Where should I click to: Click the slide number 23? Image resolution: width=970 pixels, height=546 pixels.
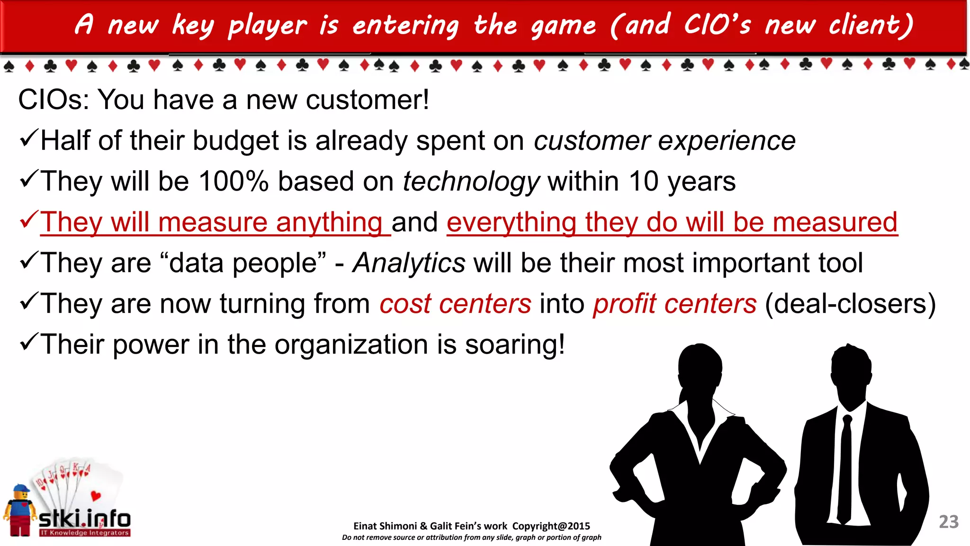pyautogui.click(x=948, y=522)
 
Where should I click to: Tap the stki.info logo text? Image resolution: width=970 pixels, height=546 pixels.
pyautogui.click(x=84, y=519)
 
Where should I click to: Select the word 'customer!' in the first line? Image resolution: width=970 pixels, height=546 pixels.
pyautogui.click(x=367, y=100)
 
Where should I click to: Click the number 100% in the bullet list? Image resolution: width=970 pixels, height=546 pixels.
pyautogui.click(x=234, y=182)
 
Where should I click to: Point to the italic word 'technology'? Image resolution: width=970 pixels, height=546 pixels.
pyautogui.click(x=471, y=182)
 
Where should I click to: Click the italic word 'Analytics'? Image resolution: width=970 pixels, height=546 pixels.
pyautogui.click(x=409, y=263)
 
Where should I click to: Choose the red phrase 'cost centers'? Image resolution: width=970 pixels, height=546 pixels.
pyautogui.click(x=455, y=304)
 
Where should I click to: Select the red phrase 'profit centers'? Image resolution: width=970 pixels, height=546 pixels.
pyautogui.click(x=674, y=304)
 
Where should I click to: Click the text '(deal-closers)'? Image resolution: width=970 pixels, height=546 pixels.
pyautogui.click(x=850, y=304)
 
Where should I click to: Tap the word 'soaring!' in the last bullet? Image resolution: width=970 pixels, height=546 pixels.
pyautogui.click(x=515, y=345)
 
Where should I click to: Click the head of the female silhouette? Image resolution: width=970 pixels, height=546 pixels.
pyautogui.click(x=700, y=367)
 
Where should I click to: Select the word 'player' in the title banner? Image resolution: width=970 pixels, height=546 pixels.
pyautogui.click(x=268, y=26)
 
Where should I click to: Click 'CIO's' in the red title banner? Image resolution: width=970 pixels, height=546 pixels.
pyautogui.click(x=717, y=25)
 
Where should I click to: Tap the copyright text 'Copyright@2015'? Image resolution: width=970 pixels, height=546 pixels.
pyautogui.click(x=551, y=526)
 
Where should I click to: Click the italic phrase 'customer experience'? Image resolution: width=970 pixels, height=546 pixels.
pyautogui.click(x=665, y=141)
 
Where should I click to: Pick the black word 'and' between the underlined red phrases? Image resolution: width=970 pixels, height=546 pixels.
pyautogui.click(x=414, y=223)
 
